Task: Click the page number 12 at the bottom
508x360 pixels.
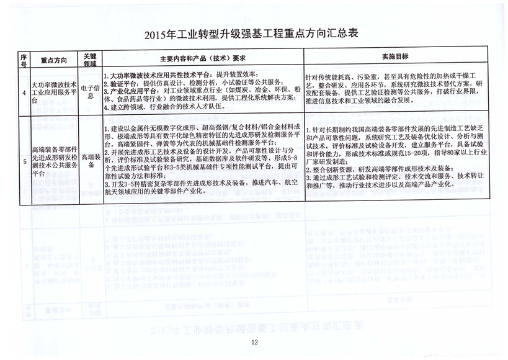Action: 254,343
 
